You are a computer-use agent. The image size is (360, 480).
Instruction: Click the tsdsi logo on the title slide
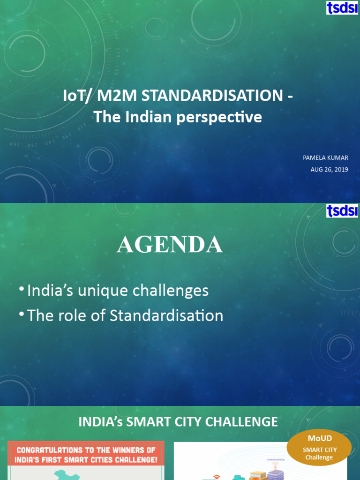(342, 7)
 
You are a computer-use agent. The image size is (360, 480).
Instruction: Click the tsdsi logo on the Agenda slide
(342, 211)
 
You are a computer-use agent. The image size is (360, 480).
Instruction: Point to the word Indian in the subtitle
(148, 117)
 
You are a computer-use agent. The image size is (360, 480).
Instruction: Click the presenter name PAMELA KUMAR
(325, 158)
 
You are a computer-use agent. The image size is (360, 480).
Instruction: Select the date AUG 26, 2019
(329, 170)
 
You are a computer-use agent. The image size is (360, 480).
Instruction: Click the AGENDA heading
(170, 245)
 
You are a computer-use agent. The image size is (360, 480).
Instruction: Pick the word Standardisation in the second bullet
(166, 315)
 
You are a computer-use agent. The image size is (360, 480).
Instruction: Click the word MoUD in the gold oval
(319, 438)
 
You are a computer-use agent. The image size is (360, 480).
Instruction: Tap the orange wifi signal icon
(217, 477)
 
